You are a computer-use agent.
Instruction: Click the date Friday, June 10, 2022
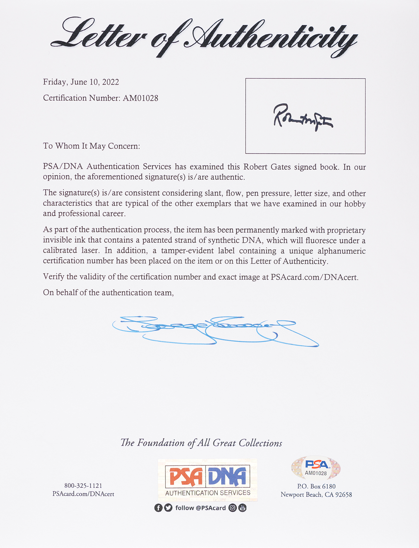tap(81, 82)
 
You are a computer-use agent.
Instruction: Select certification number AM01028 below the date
tap(140, 98)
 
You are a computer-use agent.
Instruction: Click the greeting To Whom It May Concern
tap(91, 146)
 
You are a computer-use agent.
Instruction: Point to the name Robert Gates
tap(267, 167)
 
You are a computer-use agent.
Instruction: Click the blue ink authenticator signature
tap(214, 330)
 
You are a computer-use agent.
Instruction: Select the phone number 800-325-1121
tap(83, 486)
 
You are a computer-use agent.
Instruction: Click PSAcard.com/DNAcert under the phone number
tap(83, 494)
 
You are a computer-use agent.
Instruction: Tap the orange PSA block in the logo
tap(186, 476)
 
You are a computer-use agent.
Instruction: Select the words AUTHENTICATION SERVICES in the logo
tap(208, 493)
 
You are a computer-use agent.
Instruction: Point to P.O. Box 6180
tap(316, 486)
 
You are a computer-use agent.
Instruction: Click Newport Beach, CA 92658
tap(316, 495)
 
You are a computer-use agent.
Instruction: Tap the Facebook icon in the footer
tap(158, 508)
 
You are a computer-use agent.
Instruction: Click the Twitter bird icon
tap(168, 508)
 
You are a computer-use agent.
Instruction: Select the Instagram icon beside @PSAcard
tap(233, 508)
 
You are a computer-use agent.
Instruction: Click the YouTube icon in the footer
tap(242, 508)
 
